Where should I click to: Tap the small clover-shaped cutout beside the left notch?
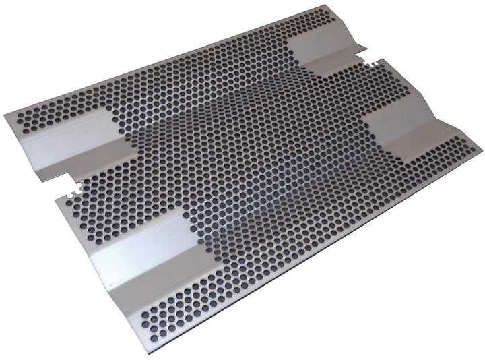coord(79,188)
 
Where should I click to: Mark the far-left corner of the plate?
coord(5,115)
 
